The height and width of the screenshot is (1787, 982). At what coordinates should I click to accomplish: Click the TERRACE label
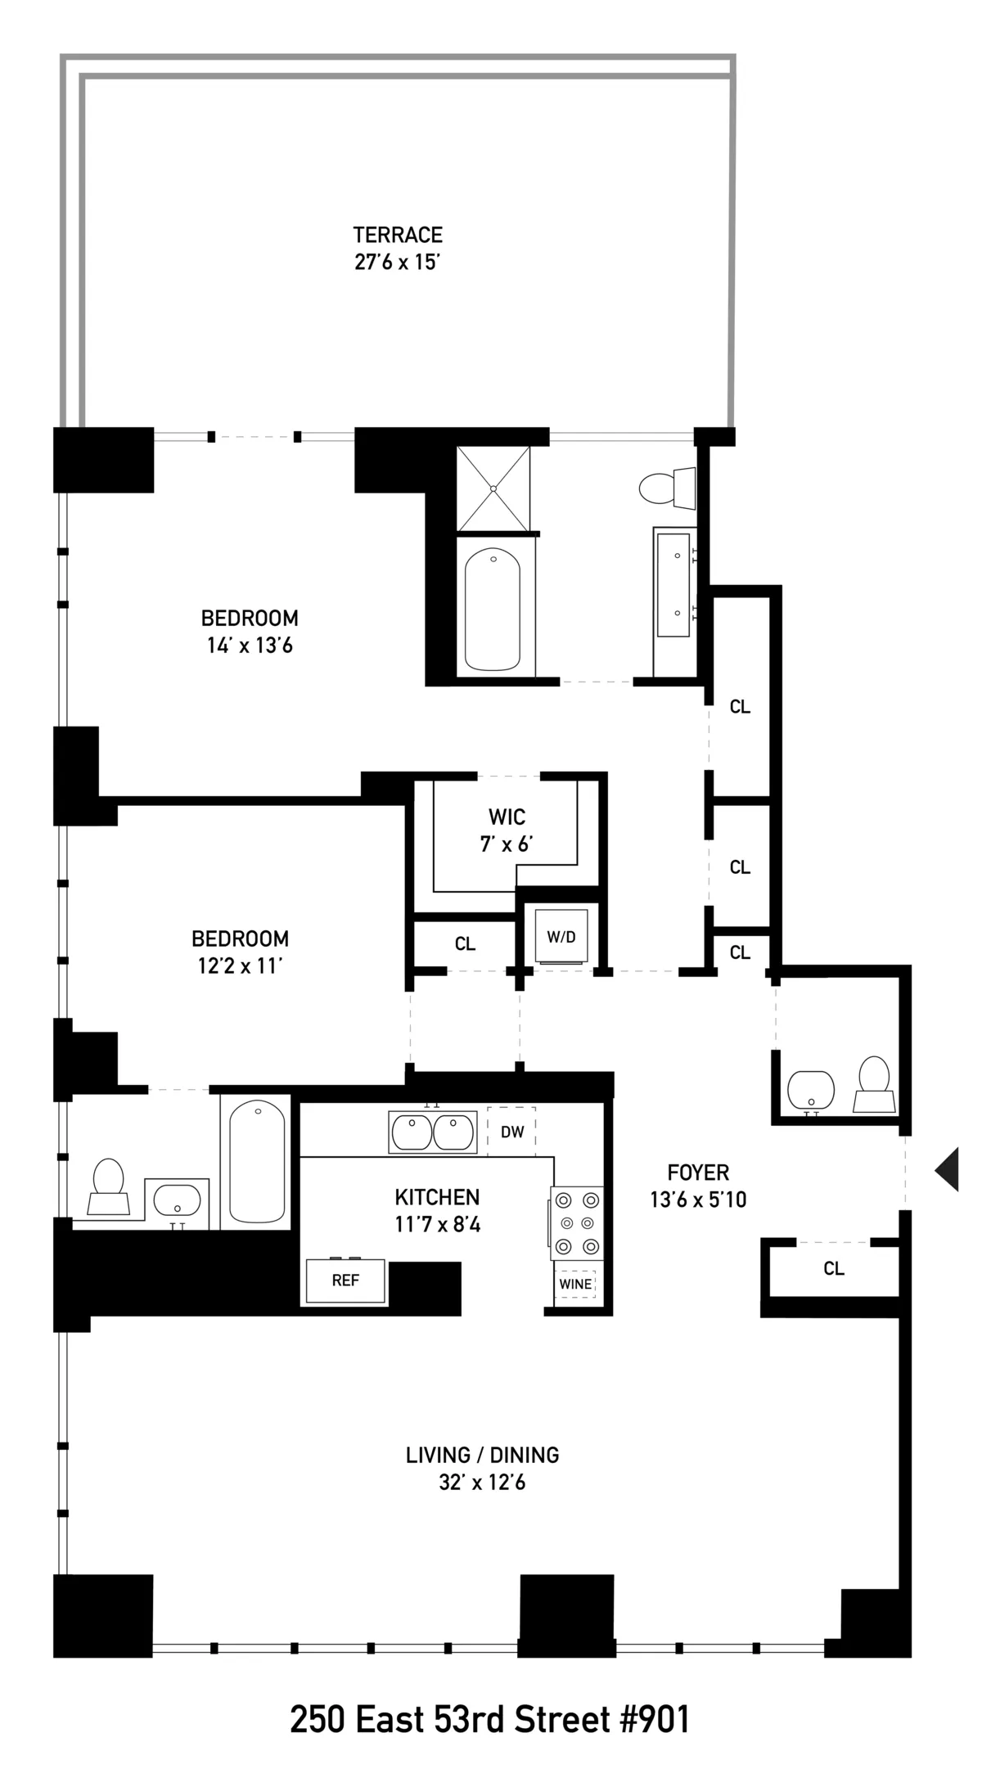click(398, 236)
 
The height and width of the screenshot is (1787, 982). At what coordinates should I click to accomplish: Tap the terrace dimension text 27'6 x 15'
click(398, 263)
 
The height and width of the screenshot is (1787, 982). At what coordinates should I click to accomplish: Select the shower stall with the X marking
click(493, 488)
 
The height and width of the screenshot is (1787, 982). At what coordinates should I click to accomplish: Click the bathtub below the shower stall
click(493, 609)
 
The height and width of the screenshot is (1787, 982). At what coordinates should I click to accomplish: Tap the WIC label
click(507, 817)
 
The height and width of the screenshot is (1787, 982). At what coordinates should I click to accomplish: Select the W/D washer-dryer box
click(561, 937)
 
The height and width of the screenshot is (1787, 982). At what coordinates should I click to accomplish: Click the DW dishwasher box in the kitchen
click(511, 1132)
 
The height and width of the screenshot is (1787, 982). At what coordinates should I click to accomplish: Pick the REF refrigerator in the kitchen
click(345, 1281)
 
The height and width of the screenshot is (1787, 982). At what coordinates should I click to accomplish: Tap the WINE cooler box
click(575, 1284)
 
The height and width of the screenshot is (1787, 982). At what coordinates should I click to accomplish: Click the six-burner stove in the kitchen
click(576, 1224)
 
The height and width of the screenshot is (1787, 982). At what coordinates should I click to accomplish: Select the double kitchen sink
click(432, 1132)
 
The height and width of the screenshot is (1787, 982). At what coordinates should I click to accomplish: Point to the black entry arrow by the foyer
click(948, 1169)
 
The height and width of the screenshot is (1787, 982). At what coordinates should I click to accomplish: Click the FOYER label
click(698, 1173)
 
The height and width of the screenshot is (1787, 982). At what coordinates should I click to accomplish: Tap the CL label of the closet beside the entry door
click(833, 1269)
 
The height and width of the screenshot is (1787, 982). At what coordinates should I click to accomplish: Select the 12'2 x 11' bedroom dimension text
click(240, 966)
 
